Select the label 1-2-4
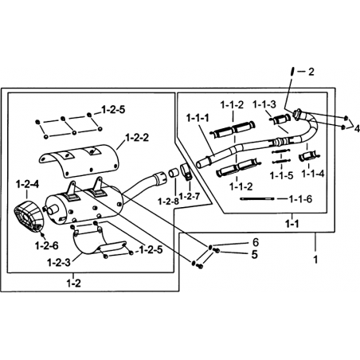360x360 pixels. coord(28,184)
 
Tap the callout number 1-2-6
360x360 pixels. coord(47,246)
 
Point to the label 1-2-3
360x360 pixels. coord(59,263)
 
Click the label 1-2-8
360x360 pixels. coord(169,202)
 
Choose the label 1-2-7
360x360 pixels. coord(190,196)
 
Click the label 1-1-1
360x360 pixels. coord(198,118)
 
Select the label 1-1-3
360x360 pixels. coord(264,104)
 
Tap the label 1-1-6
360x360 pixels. coord(300,199)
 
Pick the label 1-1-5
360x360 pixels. coord(281,175)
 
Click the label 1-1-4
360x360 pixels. coord(313,174)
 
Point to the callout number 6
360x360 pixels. coord(255,242)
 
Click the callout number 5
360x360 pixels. coord(255,254)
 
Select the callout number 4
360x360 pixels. coord(357,129)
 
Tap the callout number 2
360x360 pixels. coord(311,72)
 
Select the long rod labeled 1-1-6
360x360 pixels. coord(256,198)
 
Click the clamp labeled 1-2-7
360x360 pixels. coord(186,172)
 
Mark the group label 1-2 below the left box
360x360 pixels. coord(73,284)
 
